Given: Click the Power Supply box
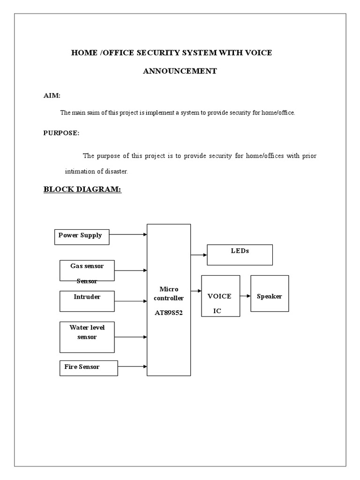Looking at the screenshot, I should [x=82, y=236].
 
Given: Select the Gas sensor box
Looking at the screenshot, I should [x=87, y=270].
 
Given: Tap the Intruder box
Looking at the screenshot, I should [x=87, y=301].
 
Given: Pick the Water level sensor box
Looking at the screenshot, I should [x=87, y=337].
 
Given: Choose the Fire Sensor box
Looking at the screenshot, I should [x=89, y=367].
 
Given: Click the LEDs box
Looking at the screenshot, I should [x=240, y=255].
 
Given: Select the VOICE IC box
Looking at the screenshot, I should [x=220, y=296].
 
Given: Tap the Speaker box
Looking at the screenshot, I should [x=270, y=293].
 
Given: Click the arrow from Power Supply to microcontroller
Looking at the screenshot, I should [x=128, y=234].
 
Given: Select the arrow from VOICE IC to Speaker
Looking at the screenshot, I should [x=245, y=296].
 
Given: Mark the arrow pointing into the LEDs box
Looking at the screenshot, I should [x=199, y=255].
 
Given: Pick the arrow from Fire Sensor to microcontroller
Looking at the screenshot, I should [x=132, y=367].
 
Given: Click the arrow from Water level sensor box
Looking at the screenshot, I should [x=131, y=337].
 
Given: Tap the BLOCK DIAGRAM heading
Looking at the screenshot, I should [x=82, y=189].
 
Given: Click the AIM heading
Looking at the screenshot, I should [x=52, y=96].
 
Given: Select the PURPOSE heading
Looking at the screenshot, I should [x=61, y=133].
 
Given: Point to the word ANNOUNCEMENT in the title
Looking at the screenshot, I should [x=180, y=71].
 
